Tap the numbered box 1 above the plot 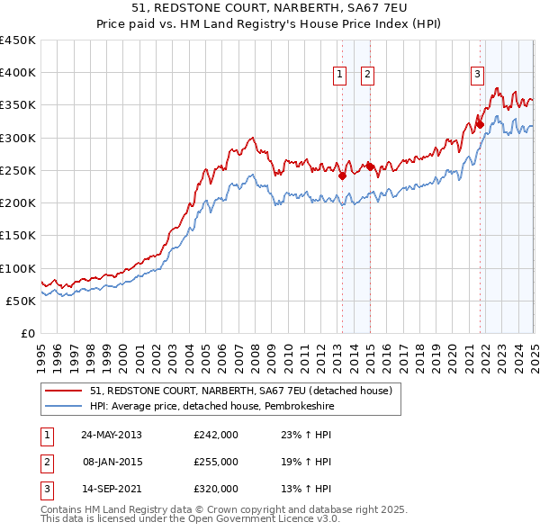click(341, 75)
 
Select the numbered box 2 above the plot click(369, 75)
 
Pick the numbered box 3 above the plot click(477, 75)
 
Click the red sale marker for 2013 click(342, 176)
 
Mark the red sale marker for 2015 click(370, 166)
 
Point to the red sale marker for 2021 click(480, 124)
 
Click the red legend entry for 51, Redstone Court click(240, 391)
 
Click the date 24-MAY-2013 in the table click(112, 435)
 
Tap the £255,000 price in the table click(216, 462)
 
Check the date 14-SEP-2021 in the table click(111, 489)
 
